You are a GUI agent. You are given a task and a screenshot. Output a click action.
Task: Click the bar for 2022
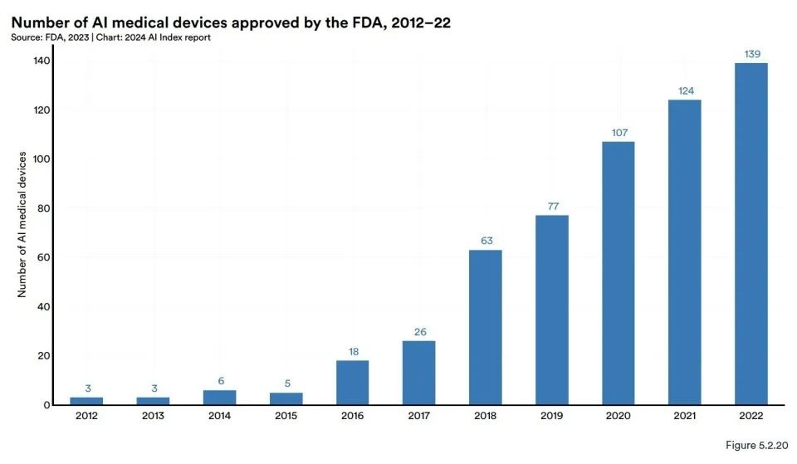pyautogui.click(x=751, y=234)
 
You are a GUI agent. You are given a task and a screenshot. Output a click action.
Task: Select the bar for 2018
pyautogui.click(x=485, y=327)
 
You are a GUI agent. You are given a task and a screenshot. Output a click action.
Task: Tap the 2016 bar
pyautogui.click(x=352, y=383)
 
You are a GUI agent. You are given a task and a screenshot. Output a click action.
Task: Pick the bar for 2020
pyautogui.click(x=618, y=273)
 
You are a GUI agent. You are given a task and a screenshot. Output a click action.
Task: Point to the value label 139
pyautogui.click(x=751, y=54)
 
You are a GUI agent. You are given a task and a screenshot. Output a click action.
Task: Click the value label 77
pyautogui.click(x=551, y=206)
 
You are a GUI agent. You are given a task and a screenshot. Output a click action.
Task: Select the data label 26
pyautogui.click(x=418, y=332)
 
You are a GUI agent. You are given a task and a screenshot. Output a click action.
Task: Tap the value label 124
pyautogui.click(x=684, y=90)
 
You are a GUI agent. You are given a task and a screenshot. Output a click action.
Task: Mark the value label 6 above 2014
pyautogui.click(x=219, y=381)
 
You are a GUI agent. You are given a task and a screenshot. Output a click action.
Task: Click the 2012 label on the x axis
pyautogui.click(x=86, y=418)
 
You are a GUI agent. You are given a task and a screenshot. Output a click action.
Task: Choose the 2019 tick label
pyautogui.click(x=551, y=418)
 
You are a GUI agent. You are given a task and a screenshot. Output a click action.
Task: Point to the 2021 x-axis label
pyautogui.click(x=684, y=418)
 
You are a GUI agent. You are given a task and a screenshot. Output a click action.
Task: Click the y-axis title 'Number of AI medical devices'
pyautogui.click(x=22, y=225)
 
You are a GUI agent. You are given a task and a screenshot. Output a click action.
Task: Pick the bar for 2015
pyautogui.click(x=286, y=398)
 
